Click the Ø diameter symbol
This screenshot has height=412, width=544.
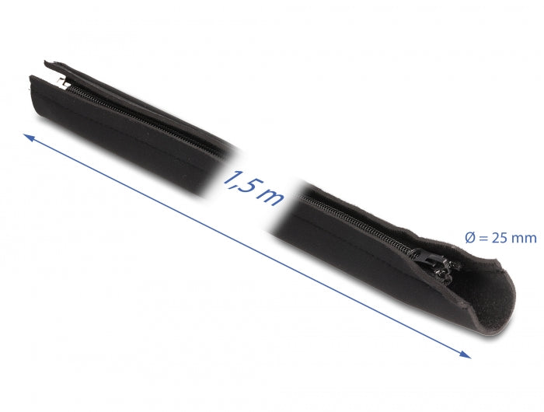pos(469,238)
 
